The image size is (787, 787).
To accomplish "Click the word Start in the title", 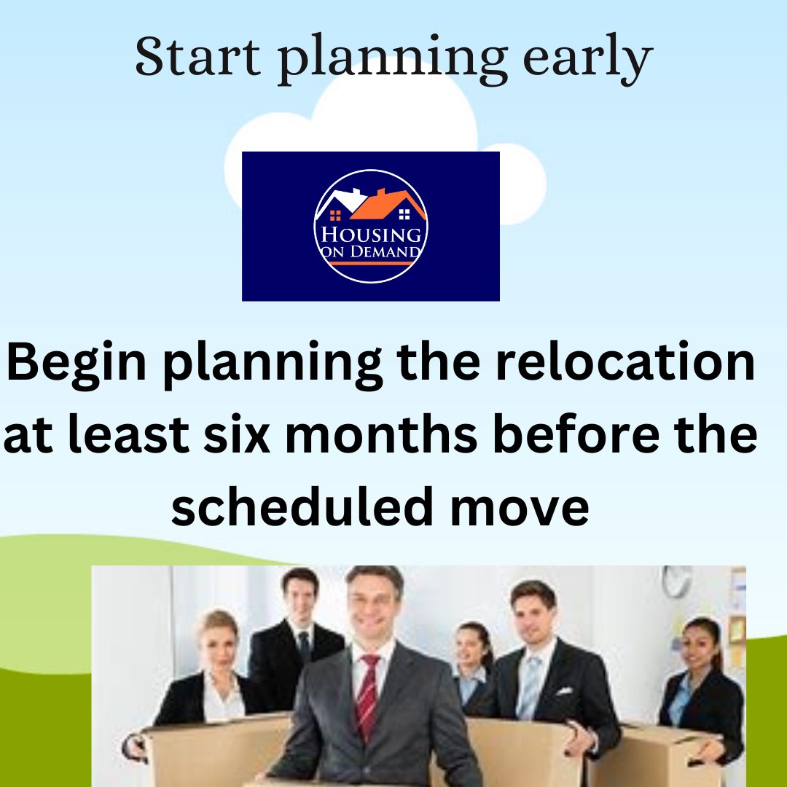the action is [x=197, y=55].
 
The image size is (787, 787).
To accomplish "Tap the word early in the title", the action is [x=588, y=59].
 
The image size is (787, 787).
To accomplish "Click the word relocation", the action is [x=625, y=361].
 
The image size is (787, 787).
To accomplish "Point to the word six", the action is [x=237, y=434].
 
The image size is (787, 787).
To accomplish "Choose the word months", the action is [x=381, y=433].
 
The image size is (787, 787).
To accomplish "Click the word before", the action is [x=576, y=433].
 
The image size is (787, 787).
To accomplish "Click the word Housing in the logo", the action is [x=371, y=235].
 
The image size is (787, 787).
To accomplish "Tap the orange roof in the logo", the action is [x=388, y=204].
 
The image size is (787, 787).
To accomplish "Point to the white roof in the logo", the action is [x=342, y=201].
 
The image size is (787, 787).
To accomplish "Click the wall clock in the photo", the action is [x=676, y=581].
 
